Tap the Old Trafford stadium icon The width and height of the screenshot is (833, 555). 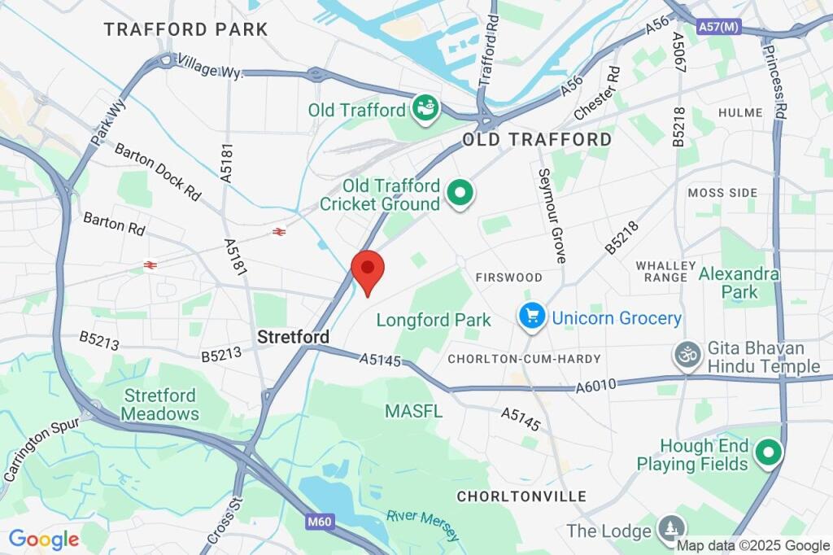tap(425, 108)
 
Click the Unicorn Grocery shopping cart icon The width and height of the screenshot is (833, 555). tap(532, 317)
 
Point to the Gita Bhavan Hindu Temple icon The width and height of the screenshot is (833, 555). tap(687, 355)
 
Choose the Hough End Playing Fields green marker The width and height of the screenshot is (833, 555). tap(768, 454)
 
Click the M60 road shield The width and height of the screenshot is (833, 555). tap(322, 520)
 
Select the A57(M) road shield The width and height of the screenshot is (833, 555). tap(719, 28)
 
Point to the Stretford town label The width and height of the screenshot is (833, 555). tap(293, 336)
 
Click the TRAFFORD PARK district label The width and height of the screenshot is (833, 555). tap(185, 30)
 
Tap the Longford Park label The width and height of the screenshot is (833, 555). tap(434, 320)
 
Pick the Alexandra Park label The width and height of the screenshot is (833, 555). tap(739, 282)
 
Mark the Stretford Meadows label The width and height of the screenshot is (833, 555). tap(161, 404)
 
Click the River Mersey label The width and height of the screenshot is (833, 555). tap(423, 525)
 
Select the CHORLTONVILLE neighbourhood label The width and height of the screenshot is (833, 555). tap(521, 496)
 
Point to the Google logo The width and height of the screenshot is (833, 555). tap(44, 539)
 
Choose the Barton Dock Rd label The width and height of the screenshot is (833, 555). tap(157, 172)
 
